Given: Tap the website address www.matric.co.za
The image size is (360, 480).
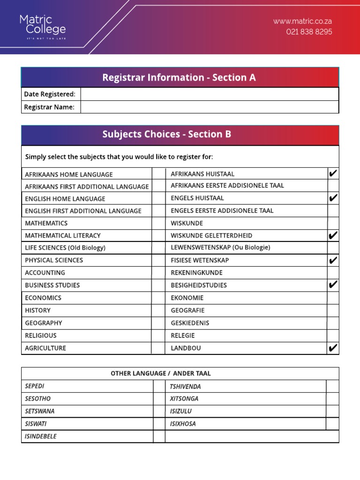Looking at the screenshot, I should click(302, 21).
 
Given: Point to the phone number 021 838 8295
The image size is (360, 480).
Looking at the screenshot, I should click(309, 32).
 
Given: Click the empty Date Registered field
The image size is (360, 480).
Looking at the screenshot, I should click(209, 94).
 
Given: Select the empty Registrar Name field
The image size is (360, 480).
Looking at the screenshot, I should click(209, 107).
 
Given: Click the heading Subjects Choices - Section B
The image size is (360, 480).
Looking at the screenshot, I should click(167, 135).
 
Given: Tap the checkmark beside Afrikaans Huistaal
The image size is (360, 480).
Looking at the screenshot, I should click(333, 174).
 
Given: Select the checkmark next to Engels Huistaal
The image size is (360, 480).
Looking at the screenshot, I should click(333, 198).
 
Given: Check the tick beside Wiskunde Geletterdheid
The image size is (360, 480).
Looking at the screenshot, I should click(333, 235).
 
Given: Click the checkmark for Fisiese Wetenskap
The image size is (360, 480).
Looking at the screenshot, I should click(333, 260).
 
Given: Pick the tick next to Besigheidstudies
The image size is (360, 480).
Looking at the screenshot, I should click(333, 285).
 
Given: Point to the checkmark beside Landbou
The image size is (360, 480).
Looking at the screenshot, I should click(333, 348).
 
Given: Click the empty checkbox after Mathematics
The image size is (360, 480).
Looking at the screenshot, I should click(158, 223).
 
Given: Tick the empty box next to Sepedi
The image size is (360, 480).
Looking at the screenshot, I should click(159, 386).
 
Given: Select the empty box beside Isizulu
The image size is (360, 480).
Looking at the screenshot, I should click(332, 411).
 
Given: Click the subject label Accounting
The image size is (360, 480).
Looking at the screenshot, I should click(45, 273).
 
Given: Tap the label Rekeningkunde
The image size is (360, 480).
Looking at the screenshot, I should click(196, 273).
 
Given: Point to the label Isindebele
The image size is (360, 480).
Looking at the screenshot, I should click(41, 436).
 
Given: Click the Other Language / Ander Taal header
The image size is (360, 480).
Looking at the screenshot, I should click(161, 374).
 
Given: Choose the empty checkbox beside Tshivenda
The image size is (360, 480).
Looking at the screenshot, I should click(332, 386).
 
